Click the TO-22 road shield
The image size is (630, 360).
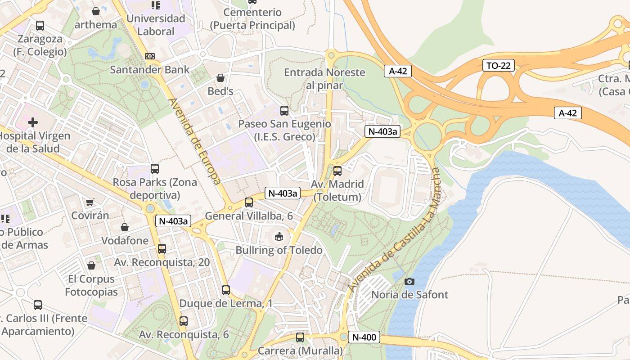coord(499,65)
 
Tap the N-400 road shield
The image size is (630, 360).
coord(364,337)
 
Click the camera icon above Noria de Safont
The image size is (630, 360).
coord(409,282)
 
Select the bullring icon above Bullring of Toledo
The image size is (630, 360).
coord(279,236)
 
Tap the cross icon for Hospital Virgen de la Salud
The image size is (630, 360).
coord(32,122)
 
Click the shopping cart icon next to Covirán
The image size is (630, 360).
coord(90,202)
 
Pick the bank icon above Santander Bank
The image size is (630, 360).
coord(150,56)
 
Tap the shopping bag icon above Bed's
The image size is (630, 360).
coord(220,78)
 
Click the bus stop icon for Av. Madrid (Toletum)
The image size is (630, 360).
coord(337,171)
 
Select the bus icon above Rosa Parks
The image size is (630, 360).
coord(155,169)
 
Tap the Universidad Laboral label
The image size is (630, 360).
coord(156,25)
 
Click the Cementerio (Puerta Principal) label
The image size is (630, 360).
coord(252,19)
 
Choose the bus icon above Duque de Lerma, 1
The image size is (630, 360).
coord(226,290)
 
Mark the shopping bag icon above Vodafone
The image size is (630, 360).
coord(125,227)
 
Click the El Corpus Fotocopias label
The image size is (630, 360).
coord(91,285)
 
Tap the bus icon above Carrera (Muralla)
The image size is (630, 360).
coord(300,337)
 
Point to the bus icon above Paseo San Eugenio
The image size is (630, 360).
coord(284,111)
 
